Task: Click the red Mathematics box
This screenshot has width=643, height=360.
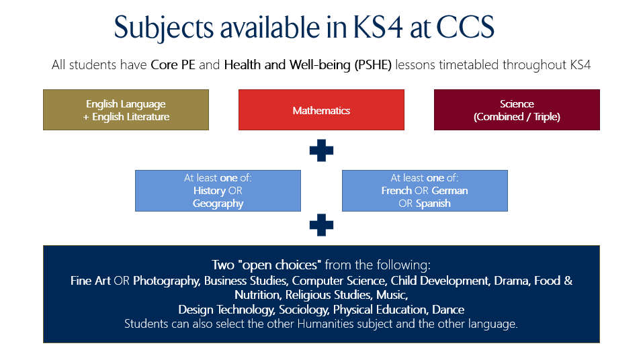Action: tap(321, 110)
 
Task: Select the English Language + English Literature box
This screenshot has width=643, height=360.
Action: tap(126, 110)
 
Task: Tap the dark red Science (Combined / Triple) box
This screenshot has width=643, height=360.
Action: tap(517, 110)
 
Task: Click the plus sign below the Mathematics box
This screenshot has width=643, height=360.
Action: tap(321, 150)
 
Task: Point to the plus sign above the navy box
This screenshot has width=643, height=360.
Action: tap(321, 225)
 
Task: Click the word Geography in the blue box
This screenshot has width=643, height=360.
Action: tap(218, 204)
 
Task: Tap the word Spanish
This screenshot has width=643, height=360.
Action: tap(433, 204)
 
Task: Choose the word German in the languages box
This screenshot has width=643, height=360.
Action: tap(450, 191)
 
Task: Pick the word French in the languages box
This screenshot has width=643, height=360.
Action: tap(396, 191)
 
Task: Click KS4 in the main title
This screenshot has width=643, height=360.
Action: tap(378, 28)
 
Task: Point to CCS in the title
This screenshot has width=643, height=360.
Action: tap(465, 28)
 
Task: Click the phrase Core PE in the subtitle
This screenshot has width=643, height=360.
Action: tap(173, 64)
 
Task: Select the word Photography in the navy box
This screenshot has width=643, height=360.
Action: tap(167, 281)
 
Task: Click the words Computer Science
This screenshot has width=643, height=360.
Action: tap(339, 281)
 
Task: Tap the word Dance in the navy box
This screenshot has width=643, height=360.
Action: tap(448, 310)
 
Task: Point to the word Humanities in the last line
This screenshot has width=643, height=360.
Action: tap(325, 324)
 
